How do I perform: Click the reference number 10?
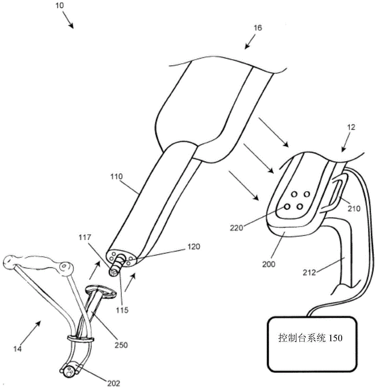[x=60, y=5]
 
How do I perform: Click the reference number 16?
[x=258, y=28]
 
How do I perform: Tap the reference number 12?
[x=351, y=127]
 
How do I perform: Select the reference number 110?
[x=116, y=177]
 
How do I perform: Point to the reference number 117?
[x=85, y=237]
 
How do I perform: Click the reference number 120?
[x=193, y=247]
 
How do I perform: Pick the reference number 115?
[x=122, y=310]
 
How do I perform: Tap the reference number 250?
[x=121, y=345]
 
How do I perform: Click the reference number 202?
[x=114, y=383]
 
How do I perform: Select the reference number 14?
[x=18, y=349]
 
